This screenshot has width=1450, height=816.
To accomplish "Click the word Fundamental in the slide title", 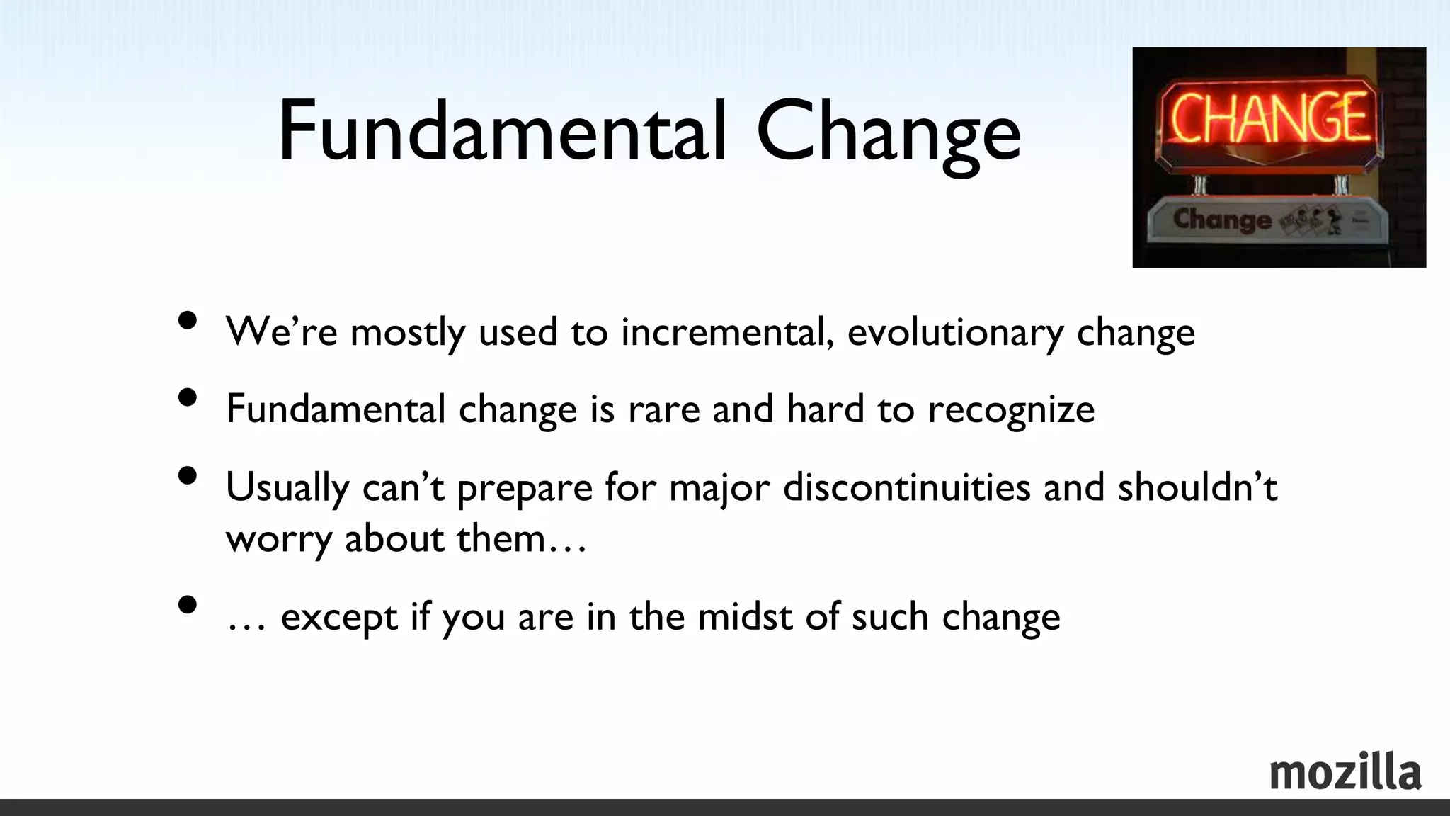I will coord(502,131).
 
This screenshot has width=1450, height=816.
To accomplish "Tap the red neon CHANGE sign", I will coord(1267,117).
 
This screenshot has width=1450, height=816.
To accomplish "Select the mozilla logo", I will coord(1345,772).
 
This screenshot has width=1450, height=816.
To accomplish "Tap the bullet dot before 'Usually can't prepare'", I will coord(188,475).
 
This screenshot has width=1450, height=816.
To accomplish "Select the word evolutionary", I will coord(955,333).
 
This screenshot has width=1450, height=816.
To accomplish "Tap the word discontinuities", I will coord(906,487).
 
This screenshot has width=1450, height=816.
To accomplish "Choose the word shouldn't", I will coord(1197,487).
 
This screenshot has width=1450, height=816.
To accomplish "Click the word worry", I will coord(278,540).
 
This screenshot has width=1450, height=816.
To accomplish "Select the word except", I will coord(339,617).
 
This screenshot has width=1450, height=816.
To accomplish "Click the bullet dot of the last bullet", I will coord(188,605).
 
